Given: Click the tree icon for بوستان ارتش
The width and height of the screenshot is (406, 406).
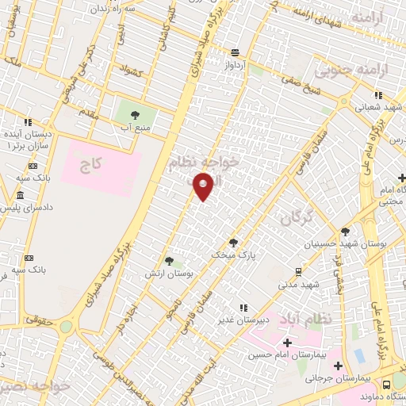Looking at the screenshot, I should point(168,261).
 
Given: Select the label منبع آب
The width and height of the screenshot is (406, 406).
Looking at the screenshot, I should point(136,126).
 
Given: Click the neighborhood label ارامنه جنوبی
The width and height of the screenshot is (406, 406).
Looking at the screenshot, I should point(350,71).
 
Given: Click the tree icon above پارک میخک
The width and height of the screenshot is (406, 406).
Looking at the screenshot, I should point(233,243).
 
